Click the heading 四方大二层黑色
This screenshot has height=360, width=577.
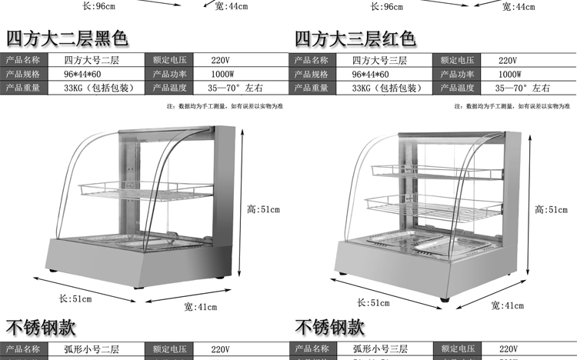tap(67, 38)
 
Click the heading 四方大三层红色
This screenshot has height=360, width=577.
tap(355, 38)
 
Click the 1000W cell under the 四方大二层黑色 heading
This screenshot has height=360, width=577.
tap(223, 74)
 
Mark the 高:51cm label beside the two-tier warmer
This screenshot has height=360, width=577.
tap(263, 208)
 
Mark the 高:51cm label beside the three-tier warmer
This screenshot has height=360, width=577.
tap(551, 209)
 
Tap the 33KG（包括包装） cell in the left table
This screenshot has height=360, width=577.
tap(97, 88)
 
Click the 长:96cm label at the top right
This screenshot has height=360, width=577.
tap(387, 7)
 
